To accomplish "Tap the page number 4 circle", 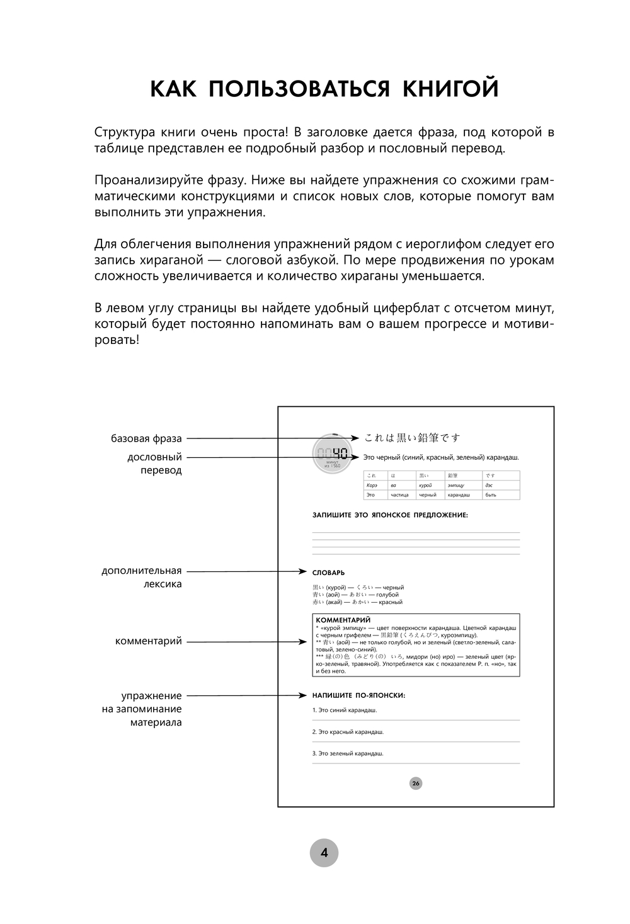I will click(324, 853).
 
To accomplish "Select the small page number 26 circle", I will click(416, 784).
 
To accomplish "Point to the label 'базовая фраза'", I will click(146, 438).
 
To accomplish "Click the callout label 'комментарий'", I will click(148, 641).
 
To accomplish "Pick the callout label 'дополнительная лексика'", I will click(142, 577).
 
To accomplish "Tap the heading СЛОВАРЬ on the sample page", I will click(329, 573).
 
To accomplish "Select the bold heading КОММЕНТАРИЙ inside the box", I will click(343, 620).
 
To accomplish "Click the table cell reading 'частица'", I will click(399, 495).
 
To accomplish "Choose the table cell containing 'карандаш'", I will click(459, 495).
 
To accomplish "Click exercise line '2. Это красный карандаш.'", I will click(348, 732).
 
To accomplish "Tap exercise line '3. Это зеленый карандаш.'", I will click(348, 753).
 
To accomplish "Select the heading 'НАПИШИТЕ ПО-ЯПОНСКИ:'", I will click(358, 695).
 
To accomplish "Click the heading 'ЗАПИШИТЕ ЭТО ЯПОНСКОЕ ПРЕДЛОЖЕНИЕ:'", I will click(390, 515).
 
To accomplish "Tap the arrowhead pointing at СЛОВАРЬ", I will click(303, 572).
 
